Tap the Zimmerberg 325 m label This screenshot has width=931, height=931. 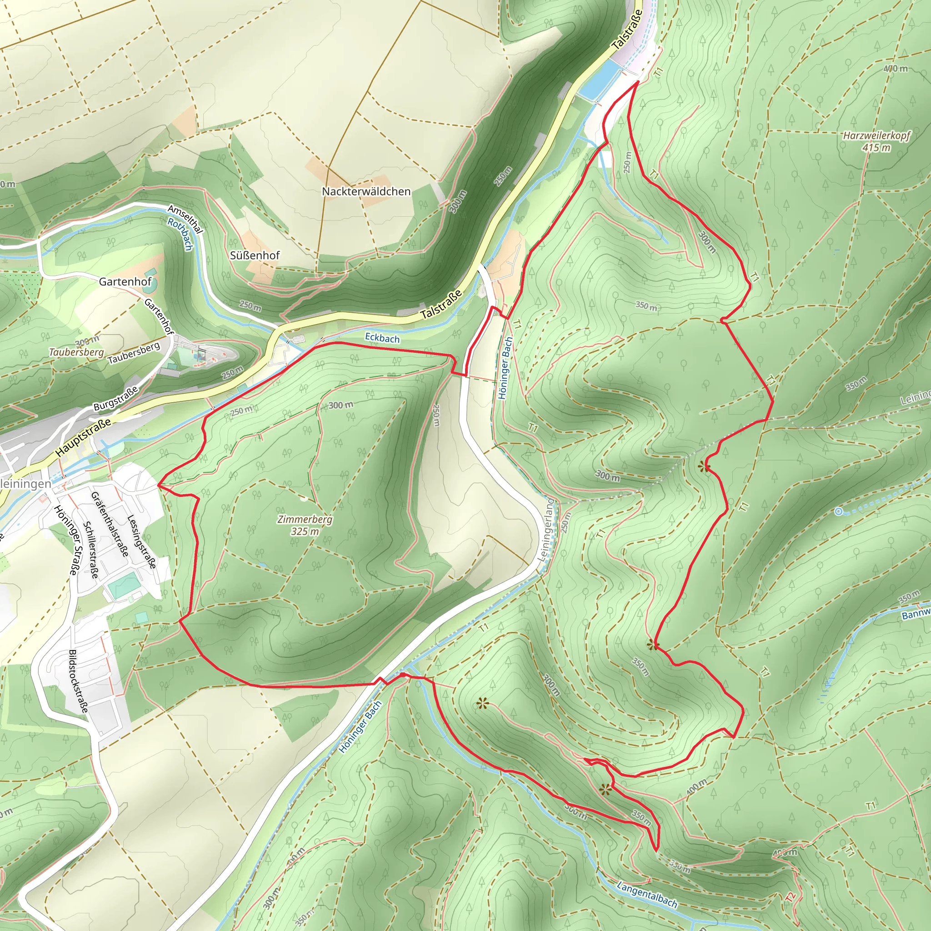[x=305, y=525]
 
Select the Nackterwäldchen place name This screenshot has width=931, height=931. [x=366, y=191]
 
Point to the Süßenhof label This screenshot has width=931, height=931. [x=255, y=255]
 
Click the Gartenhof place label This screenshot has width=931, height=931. [x=125, y=281]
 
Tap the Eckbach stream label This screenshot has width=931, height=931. [x=382, y=338]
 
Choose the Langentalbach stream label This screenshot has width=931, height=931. [x=647, y=894]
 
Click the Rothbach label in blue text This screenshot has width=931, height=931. [x=180, y=235]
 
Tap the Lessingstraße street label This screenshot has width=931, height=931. [x=141, y=541]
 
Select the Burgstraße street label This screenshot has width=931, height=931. [x=115, y=399]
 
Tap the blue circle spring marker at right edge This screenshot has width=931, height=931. [x=839, y=512]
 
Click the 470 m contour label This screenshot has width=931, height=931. [x=896, y=69]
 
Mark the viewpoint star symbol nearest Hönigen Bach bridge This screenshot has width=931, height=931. [x=482, y=704]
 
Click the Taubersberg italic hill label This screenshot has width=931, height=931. [x=77, y=352]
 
